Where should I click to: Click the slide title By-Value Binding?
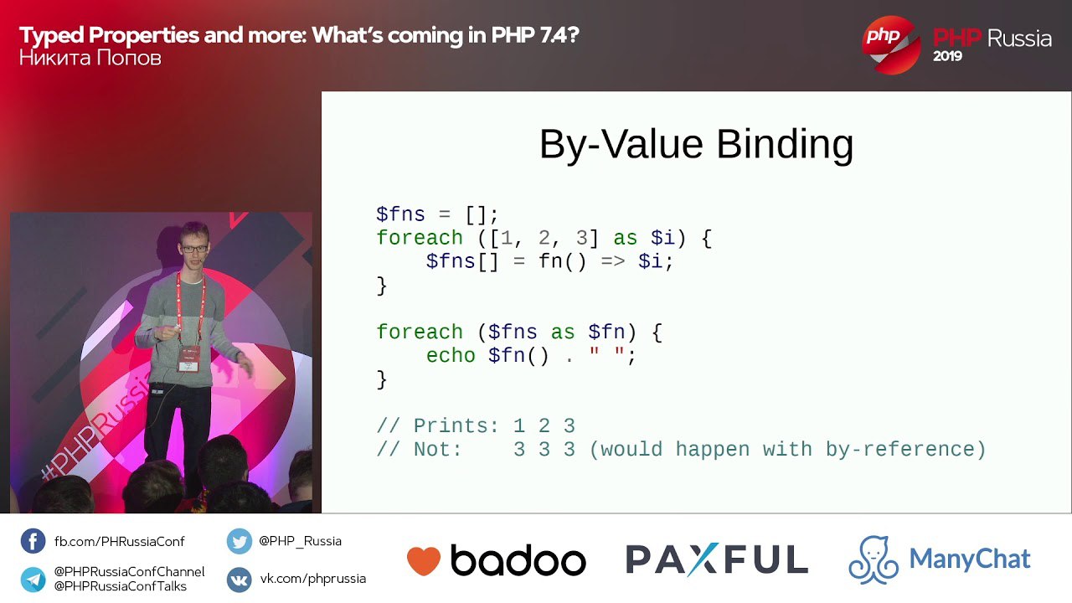coord(696,145)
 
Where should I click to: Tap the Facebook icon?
coord(33,541)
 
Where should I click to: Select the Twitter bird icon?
coord(240,541)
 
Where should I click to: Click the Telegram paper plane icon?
coord(33,579)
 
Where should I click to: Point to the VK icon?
coord(240,579)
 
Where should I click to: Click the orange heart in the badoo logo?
coord(424,560)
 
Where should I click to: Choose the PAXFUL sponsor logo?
coord(717,559)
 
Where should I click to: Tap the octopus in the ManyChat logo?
coord(874,559)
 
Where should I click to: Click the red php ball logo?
coord(891,45)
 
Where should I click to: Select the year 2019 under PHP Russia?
coord(947,56)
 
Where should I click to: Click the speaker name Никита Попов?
coord(90,59)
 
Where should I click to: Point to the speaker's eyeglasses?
coord(195,249)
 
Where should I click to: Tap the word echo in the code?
coord(451,356)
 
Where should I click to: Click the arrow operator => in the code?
coord(612,262)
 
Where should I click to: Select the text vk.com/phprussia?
coord(313,579)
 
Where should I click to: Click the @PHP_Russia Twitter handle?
coord(300,541)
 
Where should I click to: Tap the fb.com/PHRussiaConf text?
coord(119,542)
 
